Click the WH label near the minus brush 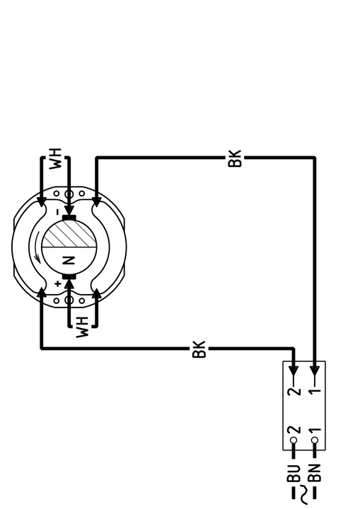pyautogui.click(x=55, y=159)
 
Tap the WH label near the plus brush pyautogui.click(x=82, y=327)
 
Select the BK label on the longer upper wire pyautogui.click(x=235, y=158)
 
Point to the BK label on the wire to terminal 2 pyautogui.click(x=199, y=349)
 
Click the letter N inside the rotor pyautogui.click(x=69, y=261)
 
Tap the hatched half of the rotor pyautogui.click(x=69, y=234)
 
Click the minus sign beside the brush pyautogui.click(x=58, y=212)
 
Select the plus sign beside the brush pyautogui.click(x=58, y=284)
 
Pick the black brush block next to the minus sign pyautogui.click(x=69, y=217)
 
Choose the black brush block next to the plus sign pyautogui.click(x=69, y=276)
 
